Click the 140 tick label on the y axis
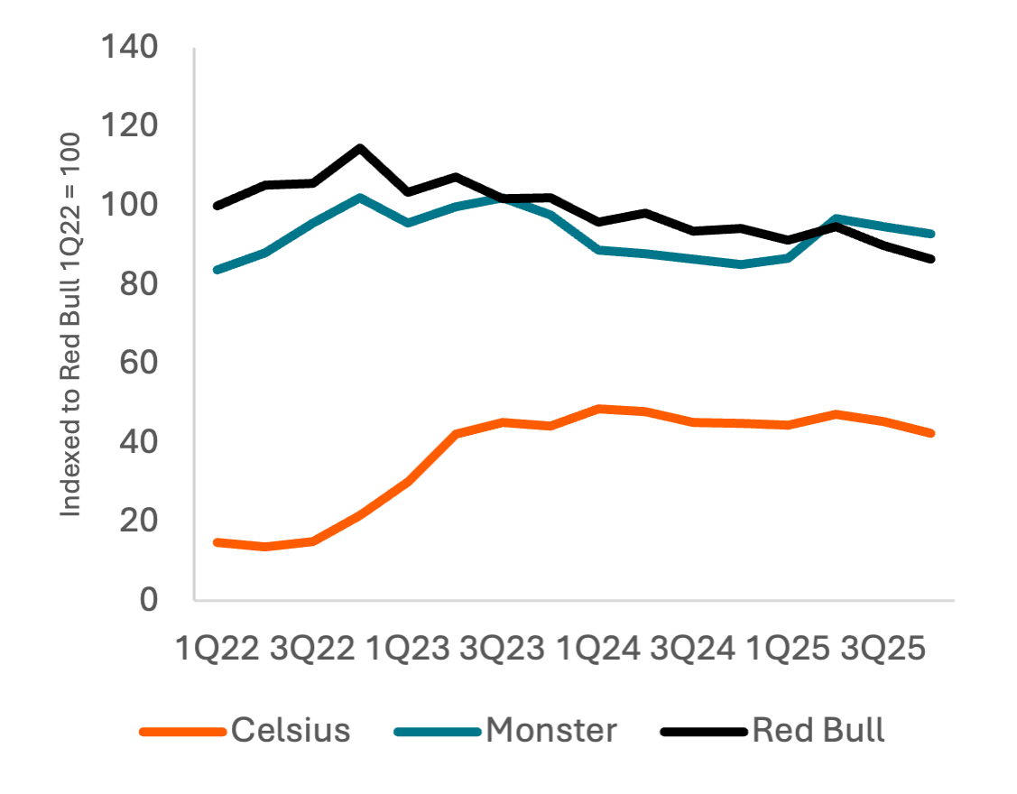click(x=132, y=47)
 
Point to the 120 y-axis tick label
click(x=132, y=126)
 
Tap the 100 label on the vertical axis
click(x=132, y=206)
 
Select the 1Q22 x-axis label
click(x=217, y=649)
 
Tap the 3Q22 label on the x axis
click(x=312, y=649)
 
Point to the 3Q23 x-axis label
click(x=503, y=649)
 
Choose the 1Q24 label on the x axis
click(x=598, y=649)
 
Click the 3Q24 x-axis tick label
click(x=693, y=649)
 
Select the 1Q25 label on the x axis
click(x=789, y=649)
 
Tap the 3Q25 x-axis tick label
click(x=883, y=649)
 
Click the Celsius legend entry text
click(x=291, y=730)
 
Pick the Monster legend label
click(x=551, y=730)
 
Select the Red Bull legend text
click(x=818, y=730)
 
